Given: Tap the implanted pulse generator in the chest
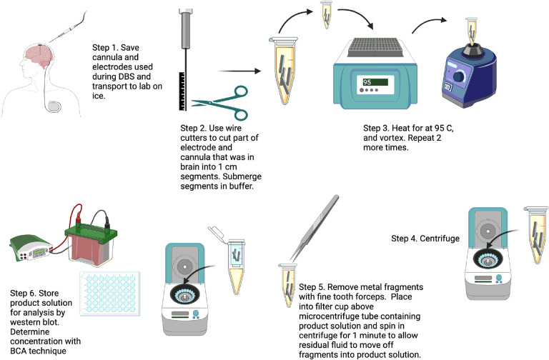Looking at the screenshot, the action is [x=54, y=106].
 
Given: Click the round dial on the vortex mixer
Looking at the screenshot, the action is [x=458, y=77].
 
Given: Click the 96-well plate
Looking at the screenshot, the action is [x=110, y=294].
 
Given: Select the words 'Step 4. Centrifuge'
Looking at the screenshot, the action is [x=425, y=239].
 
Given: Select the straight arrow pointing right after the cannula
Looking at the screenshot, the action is [x=240, y=71].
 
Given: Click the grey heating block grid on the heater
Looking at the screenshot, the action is [x=375, y=47].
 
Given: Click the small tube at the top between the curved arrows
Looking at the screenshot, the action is [x=327, y=15].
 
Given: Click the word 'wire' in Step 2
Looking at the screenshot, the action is [x=234, y=128].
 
